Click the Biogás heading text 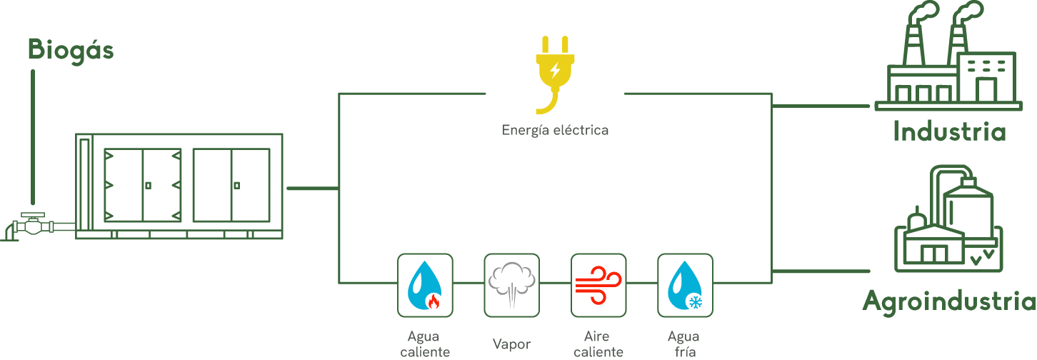pyautogui.click(x=71, y=50)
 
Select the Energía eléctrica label pyautogui.click(x=555, y=130)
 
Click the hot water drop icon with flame pyautogui.click(x=424, y=285)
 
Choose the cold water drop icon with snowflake pyautogui.click(x=684, y=285)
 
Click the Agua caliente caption pyautogui.click(x=425, y=344)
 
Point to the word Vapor pyautogui.click(x=511, y=344)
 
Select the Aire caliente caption pyautogui.click(x=598, y=344)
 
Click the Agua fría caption pyautogui.click(x=683, y=344)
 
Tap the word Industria pyautogui.click(x=949, y=132)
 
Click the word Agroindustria pyautogui.click(x=949, y=301)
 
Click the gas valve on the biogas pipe pyautogui.click(x=31, y=224)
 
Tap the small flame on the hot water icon pyautogui.click(x=433, y=301)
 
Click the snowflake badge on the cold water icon pyautogui.click(x=693, y=303)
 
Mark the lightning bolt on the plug pyautogui.click(x=555, y=70)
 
